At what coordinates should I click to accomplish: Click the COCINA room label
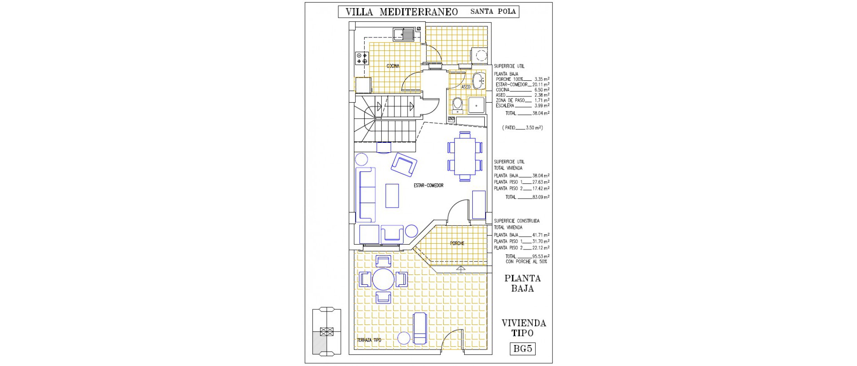[393, 67]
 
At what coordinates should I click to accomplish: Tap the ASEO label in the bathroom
[466, 87]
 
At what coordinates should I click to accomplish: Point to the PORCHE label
[457, 243]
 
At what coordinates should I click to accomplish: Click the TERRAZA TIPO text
[369, 340]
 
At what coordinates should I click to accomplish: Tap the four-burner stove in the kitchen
[362, 58]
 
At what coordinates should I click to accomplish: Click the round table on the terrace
[383, 279]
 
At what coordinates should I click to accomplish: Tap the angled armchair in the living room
[404, 164]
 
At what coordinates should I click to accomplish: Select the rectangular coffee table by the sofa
[392, 195]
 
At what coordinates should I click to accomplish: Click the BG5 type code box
[522, 349]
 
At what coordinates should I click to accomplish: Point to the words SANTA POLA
[493, 12]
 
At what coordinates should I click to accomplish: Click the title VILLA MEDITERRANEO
[402, 12]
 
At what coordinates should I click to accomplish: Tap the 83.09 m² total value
[541, 197]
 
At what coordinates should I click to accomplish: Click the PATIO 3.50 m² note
[522, 128]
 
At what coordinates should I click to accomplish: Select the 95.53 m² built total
[541, 256]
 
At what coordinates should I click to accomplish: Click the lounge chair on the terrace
[420, 328]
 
